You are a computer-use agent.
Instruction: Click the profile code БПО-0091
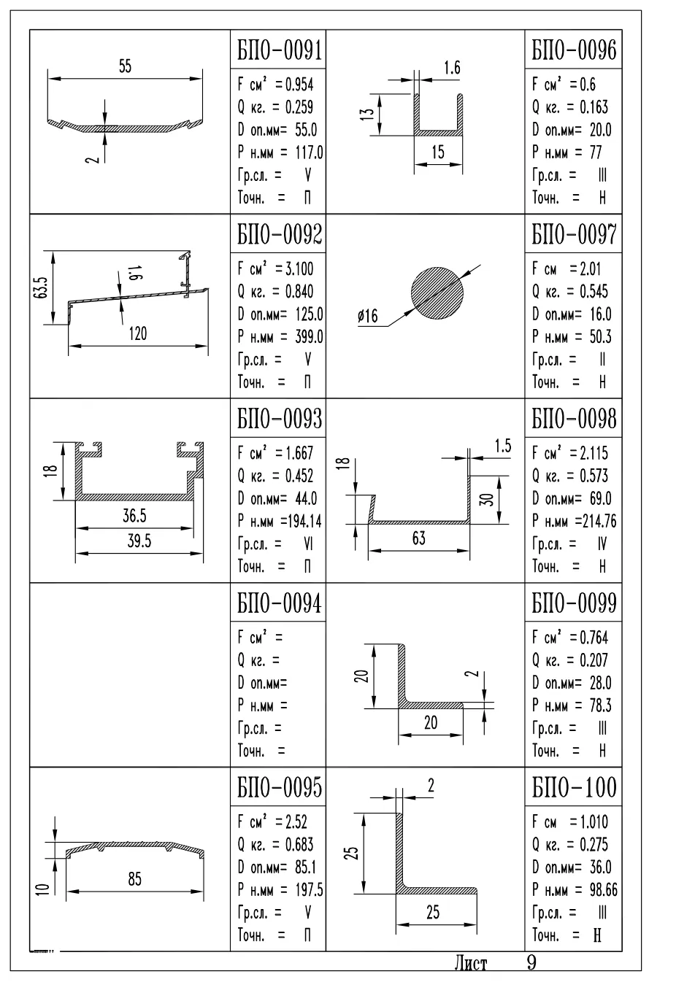pyautogui.click(x=280, y=50)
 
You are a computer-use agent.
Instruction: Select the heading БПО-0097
pyautogui.click(x=574, y=233)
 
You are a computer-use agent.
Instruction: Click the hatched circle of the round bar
pyautogui.click(x=437, y=293)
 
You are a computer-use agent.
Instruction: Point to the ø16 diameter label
pyautogui.click(x=368, y=315)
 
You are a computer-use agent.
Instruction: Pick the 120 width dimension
pyautogui.click(x=138, y=334)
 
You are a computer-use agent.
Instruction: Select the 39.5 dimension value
pyautogui.click(x=139, y=541)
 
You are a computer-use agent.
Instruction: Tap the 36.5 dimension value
pyautogui.click(x=134, y=516)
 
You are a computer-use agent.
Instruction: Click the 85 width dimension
pyautogui.click(x=135, y=879)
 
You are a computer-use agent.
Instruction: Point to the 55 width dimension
pyautogui.click(x=125, y=66)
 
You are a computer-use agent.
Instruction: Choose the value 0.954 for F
pyautogui.click(x=299, y=84)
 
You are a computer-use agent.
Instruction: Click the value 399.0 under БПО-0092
pyautogui.click(x=309, y=336)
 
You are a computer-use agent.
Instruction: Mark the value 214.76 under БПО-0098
pyautogui.click(x=599, y=521)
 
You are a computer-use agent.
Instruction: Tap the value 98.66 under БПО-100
pyautogui.click(x=603, y=890)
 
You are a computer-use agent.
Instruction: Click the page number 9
pyautogui.click(x=531, y=963)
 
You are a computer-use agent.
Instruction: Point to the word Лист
pyautogui.click(x=471, y=964)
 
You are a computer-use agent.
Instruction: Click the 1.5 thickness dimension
pyautogui.click(x=503, y=446)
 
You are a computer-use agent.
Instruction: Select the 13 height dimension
pyautogui.click(x=368, y=112)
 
